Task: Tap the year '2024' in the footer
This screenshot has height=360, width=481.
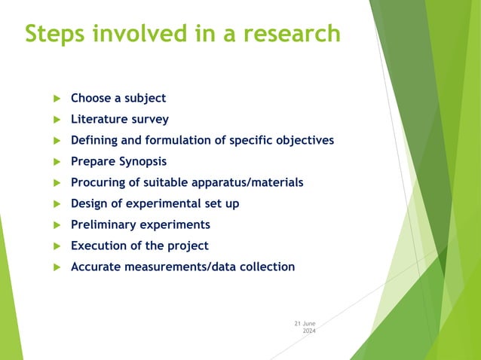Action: pos(309,331)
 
